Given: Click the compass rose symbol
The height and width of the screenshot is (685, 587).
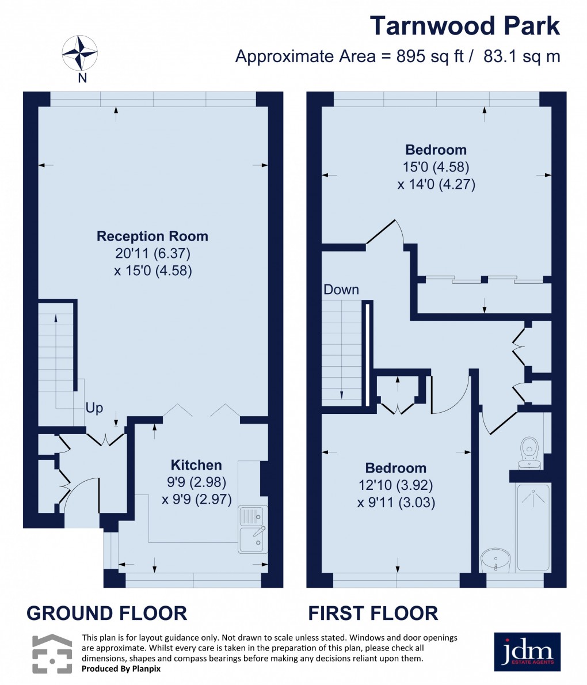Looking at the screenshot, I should tap(81, 53).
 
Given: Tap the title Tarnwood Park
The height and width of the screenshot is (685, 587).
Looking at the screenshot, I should tap(464, 26).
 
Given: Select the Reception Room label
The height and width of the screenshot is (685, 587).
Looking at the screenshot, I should tap(152, 236).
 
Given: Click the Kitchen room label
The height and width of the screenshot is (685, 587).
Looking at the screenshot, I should tap(196, 465).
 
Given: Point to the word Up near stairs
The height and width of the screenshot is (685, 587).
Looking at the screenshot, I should tap(94, 408).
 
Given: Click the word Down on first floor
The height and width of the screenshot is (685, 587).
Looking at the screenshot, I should tap(341, 290).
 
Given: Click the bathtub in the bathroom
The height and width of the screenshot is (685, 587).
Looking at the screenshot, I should tap(533, 527).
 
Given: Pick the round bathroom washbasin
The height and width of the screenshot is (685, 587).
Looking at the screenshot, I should tap(495, 560).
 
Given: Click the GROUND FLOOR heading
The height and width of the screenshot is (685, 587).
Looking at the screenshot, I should tap(107, 613).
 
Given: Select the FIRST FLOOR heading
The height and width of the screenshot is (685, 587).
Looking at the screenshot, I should tap(373, 613).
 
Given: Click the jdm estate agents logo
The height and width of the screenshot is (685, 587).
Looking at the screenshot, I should tap(527, 652).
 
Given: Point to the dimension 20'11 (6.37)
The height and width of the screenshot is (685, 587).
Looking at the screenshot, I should tap(153, 253).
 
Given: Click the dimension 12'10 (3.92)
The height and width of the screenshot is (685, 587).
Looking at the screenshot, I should tap(396, 485).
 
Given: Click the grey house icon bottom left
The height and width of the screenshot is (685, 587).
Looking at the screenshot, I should tap(52, 653).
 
